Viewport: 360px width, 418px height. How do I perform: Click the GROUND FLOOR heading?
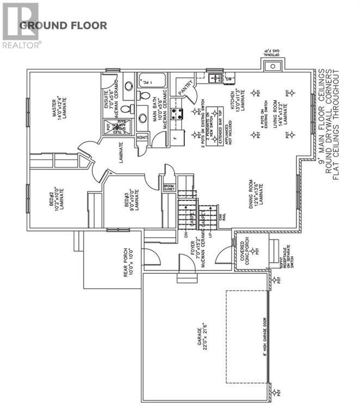(63, 25)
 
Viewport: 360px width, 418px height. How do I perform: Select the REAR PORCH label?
(129, 261)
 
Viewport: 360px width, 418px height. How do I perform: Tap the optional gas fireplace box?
(271, 67)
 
